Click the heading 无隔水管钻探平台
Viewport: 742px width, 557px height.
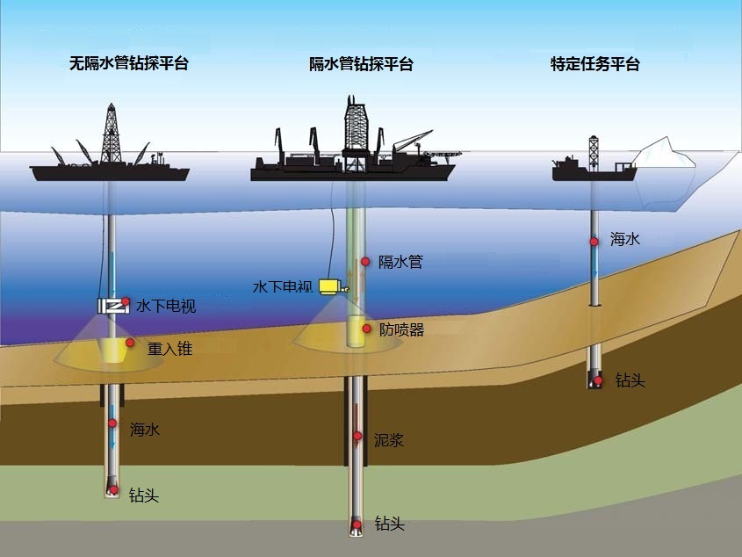click(129, 63)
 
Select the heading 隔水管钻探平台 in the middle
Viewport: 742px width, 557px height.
click(361, 64)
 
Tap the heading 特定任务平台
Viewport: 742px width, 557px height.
click(594, 64)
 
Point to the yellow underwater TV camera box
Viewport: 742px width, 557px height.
click(331, 286)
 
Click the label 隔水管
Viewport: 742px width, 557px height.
click(400, 262)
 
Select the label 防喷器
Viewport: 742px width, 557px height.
click(401, 329)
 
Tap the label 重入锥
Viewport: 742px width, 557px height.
click(169, 348)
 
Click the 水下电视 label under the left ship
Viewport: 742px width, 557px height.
click(166, 306)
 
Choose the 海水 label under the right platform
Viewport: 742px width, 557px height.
click(624, 239)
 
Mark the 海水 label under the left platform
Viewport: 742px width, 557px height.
click(145, 430)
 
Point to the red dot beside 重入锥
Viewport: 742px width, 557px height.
click(130, 343)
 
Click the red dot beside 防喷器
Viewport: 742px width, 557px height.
click(366, 329)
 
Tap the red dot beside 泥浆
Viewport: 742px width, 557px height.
click(357, 436)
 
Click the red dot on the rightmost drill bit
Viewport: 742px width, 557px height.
click(598, 380)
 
